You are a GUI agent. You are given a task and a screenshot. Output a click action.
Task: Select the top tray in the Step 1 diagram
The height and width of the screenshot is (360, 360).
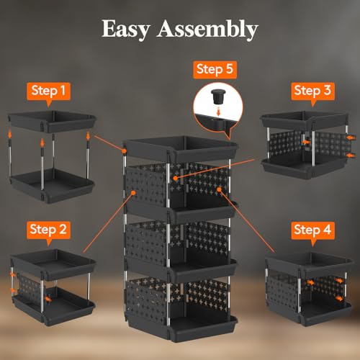48,119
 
